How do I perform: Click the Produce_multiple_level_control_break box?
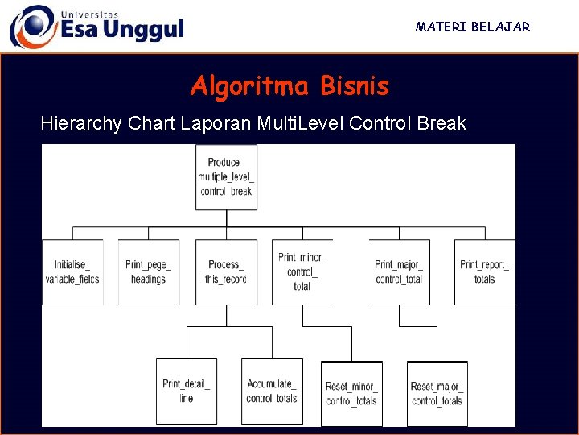click(x=226, y=177)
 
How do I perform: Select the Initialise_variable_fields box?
click(x=72, y=272)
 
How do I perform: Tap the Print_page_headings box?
click(x=148, y=272)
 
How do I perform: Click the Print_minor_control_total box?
click(x=302, y=272)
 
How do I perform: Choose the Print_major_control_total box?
click(x=399, y=272)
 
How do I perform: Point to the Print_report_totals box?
click(x=484, y=272)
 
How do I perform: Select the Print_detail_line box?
click(x=187, y=391)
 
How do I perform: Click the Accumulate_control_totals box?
click(x=272, y=391)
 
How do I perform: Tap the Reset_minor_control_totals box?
click(x=351, y=393)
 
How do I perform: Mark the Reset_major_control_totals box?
click(x=437, y=393)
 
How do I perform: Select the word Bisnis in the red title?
click(x=354, y=86)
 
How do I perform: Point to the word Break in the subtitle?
click(x=441, y=124)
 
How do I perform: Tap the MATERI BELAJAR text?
click(x=473, y=27)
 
